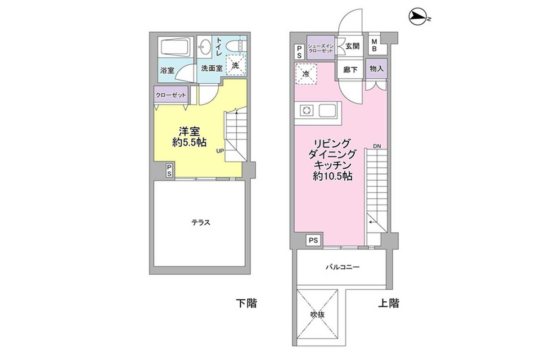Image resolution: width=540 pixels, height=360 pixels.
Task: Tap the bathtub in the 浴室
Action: coord(176,47)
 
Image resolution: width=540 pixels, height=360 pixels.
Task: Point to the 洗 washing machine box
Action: coord(235,65)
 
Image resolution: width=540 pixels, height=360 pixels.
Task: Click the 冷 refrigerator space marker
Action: coord(306,74)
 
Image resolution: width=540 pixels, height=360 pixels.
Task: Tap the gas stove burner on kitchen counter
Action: coord(306,111)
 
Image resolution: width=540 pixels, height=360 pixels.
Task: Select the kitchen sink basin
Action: coord(327,111)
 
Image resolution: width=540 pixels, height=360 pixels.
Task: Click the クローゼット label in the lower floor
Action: coord(171,95)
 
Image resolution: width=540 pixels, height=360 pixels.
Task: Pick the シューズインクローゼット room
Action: coord(320,48)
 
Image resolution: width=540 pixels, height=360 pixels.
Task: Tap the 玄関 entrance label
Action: coord(352,46)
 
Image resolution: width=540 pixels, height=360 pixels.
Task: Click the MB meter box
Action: coord(374,45)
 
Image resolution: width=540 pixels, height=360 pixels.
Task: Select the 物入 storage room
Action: coord(376,69)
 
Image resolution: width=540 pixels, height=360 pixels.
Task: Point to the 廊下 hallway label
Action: coord(350,70)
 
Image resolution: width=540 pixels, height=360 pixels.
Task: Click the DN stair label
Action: coord(377,146)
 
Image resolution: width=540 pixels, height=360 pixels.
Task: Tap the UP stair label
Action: coord(220,151)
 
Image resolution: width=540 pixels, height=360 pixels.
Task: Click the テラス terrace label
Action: coord(201,222)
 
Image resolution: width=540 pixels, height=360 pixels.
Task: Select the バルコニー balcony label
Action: coord(342,267)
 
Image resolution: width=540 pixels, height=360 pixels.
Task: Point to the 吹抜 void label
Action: coord(317,315)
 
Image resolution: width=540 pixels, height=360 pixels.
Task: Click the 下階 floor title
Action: coord(247,303)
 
